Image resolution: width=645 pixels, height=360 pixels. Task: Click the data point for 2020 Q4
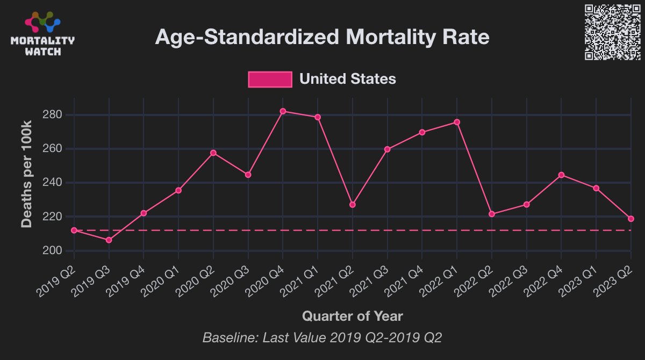pos(283,111)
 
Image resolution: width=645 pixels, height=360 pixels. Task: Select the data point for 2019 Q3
pos(109,240)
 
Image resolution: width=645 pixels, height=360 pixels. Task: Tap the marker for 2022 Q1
pos(457,122)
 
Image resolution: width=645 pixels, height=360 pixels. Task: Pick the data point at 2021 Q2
pos(353,205)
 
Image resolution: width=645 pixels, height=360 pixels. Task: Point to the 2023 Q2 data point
pos(631,219)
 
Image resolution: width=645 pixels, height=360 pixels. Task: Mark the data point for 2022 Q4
pos(561,175)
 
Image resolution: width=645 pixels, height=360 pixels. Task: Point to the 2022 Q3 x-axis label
pos(511,280)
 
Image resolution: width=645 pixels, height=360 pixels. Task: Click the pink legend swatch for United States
pos(270,79)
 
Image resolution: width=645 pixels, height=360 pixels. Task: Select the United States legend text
pos(347,79)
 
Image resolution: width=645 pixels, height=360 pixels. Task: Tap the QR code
pos(612,32)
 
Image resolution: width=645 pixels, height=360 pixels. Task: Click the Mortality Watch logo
pos(43,34)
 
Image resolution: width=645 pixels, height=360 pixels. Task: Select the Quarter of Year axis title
pos(352,315)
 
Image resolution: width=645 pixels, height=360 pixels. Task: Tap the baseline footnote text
pos(322,338)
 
